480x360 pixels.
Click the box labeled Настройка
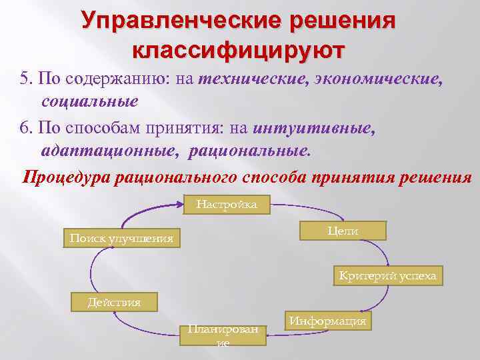pyautogui.click(x=227, y=205)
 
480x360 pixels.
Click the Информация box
pyautogui.click(x=327, y=321)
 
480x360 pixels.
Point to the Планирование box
pyautogui.click(x=223, y=335)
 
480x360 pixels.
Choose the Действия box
pyautogui.click(x=114, y=302)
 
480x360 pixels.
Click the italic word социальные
pyautogui.click(x=89, y=102)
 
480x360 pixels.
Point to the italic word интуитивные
pyautogui.click(x=315, y=126)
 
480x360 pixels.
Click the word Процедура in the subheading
pyautogui.click(x=67, y=177)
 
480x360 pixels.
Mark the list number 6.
pyautogui.click(x=25, y=127)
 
